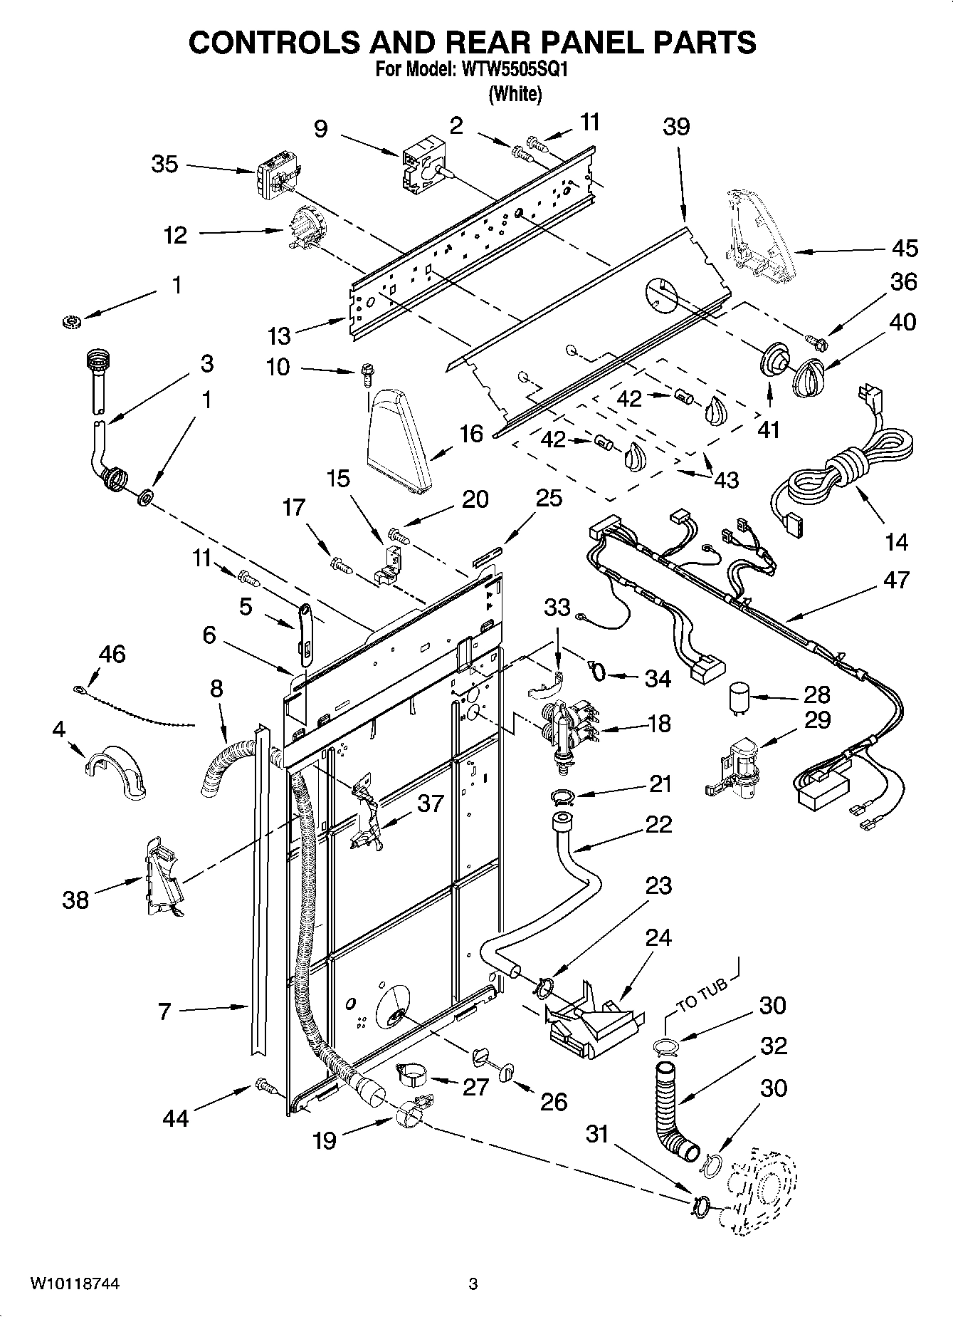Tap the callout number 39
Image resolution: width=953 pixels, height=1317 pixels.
pyautogui.click(x=676, y=127)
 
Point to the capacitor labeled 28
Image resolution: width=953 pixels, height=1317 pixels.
pyautogui.click(x=738, y=699)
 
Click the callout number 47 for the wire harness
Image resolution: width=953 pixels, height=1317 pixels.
pyautogui.click(x=895, y=580)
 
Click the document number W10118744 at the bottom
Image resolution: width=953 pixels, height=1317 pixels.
pyautogui.click(x=75, y=1284)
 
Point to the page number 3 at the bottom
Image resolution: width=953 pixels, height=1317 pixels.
pyautogui.click(x=472, y=1284)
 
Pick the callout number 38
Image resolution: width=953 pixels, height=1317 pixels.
pyautogui.click(x=75, y=900)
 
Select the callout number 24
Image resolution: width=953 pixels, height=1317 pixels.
pyautogui.click(x=658, y=937)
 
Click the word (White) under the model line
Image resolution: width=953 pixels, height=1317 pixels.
pyautogui.click(x=515, y=93)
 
